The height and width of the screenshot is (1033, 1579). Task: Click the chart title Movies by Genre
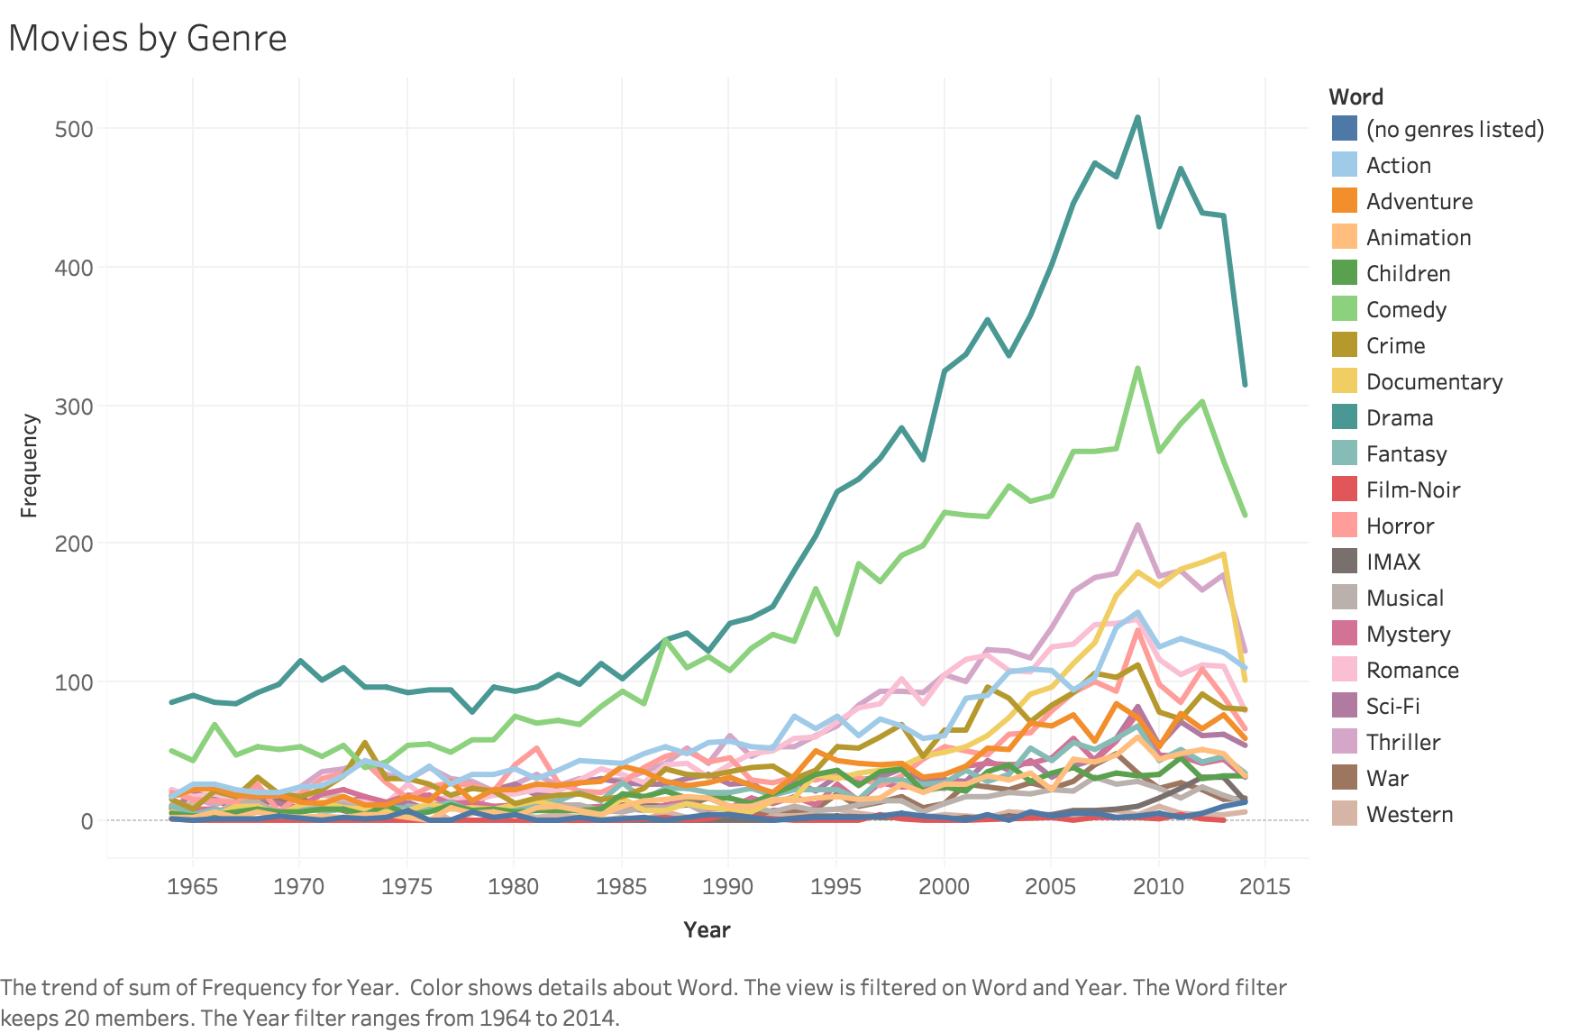point(148,39)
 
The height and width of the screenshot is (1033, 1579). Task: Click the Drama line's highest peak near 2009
point(1137,117)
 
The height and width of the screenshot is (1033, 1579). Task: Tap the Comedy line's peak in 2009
point(1137,368)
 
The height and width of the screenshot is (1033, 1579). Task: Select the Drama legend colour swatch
point(1344,417)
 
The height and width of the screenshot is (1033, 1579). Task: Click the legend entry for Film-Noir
point(1412,489)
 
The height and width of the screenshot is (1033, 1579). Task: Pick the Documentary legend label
point(1434,381)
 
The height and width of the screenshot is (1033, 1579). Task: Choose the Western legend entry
point(1409,814)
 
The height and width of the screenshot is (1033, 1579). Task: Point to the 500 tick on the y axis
point(74,129)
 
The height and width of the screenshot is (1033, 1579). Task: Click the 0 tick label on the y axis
point(87,821)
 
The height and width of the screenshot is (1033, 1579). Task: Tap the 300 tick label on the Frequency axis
point(74,407)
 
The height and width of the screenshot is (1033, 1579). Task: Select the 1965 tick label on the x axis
point(192,886)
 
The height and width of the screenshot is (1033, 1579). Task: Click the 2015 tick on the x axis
point(1265,886)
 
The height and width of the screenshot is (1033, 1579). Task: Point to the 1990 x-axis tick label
point(728,886)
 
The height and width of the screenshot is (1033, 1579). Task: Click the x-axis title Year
point(707,930)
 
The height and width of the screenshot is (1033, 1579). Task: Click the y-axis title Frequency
point(29,465)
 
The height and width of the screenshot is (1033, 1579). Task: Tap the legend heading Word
point(1355,96)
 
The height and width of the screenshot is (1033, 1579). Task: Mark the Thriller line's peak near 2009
point(1137,525)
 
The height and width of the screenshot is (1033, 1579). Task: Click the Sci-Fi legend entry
point(1392,706)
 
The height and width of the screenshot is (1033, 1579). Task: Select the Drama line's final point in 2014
point(1245,385)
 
